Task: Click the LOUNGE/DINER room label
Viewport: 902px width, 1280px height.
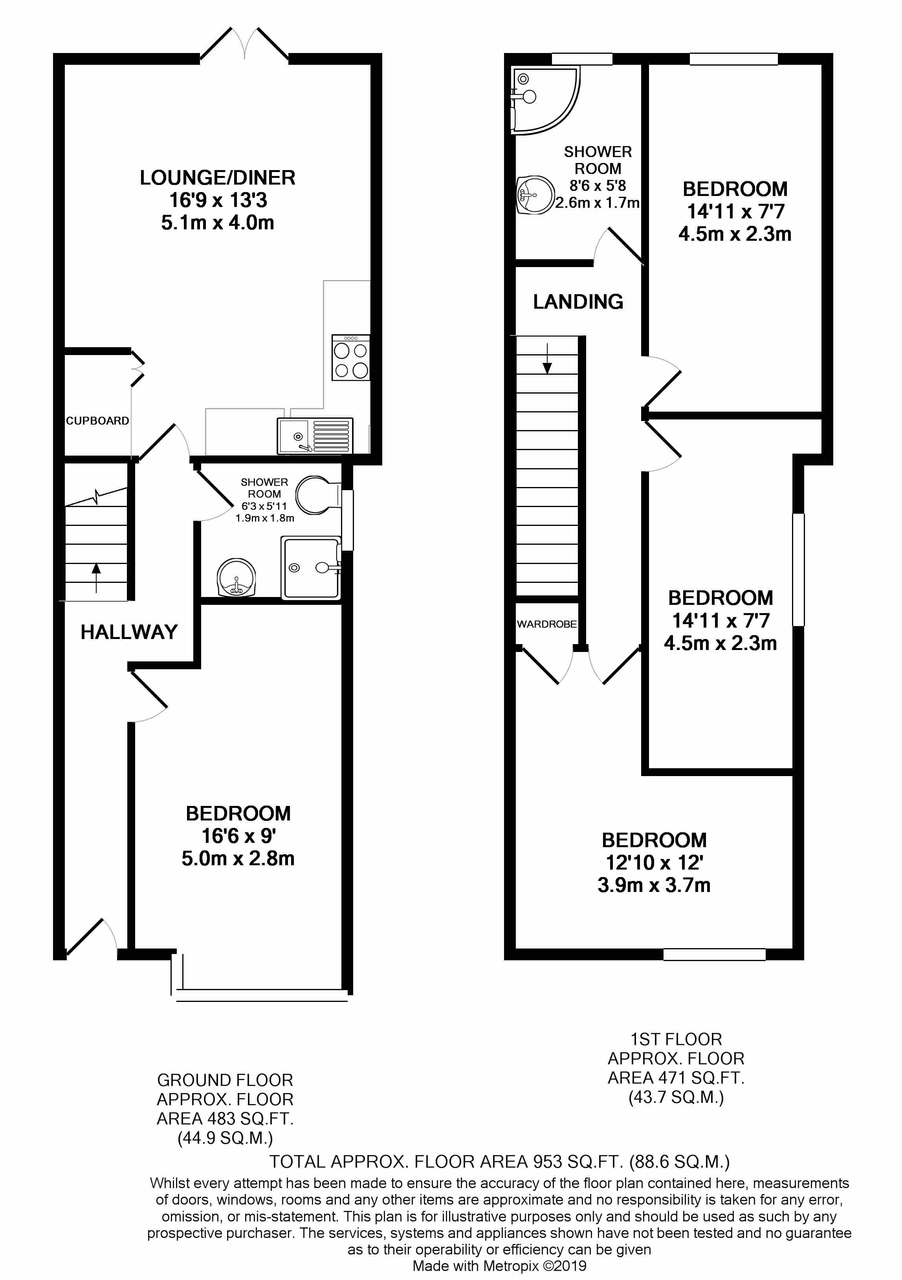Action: click(x=217, y=178)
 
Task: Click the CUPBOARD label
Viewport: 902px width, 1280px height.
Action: click(x=97, y=421)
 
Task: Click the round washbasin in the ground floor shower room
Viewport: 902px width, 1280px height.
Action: click(x=236, y=578)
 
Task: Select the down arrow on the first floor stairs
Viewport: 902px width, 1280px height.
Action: click(x=547, y=360)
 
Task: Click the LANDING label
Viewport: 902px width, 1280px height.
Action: click(x=578, y=302)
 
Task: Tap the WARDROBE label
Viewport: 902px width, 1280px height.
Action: click(x=547, y=624)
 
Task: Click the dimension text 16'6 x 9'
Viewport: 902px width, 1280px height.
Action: click(x=238, y=836)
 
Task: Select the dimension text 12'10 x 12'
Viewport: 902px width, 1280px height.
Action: click(x=654, y=862)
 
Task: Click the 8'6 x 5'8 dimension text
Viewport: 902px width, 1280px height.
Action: click(x=598, y=186)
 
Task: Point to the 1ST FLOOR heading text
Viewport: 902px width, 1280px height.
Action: click(x=676, y=1039)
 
